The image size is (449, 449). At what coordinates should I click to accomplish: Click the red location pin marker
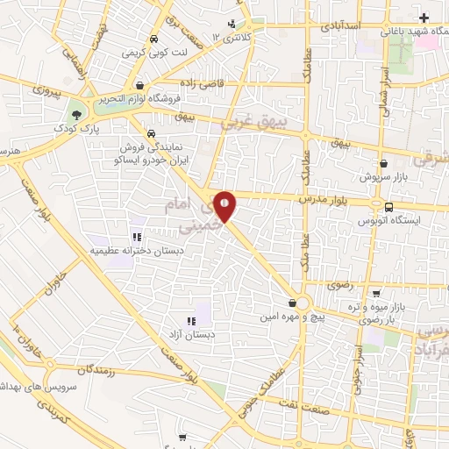225,205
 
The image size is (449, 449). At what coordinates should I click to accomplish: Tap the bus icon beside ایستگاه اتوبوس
388,207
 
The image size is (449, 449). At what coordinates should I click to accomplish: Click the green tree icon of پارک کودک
80,114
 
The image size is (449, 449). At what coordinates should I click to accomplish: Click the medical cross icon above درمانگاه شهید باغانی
424,18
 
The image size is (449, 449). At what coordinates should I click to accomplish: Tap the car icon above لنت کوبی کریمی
153,39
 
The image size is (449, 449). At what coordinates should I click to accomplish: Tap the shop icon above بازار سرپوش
383,162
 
